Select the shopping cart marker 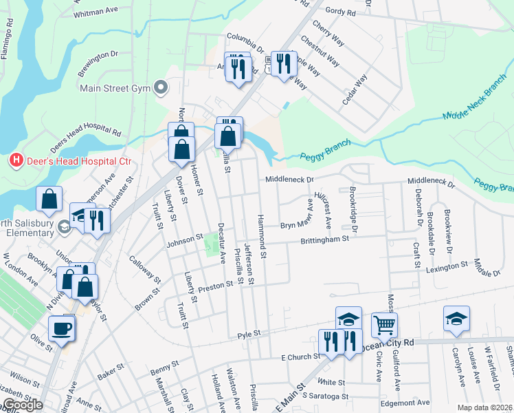coord(384,324)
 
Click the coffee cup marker coord(61,328)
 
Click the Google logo coord(23,405)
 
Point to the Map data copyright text coord(484,407)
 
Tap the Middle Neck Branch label coord(474,105)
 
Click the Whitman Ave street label coord(98,12)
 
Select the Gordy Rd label coord(341,12)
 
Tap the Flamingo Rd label coord(10,42)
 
